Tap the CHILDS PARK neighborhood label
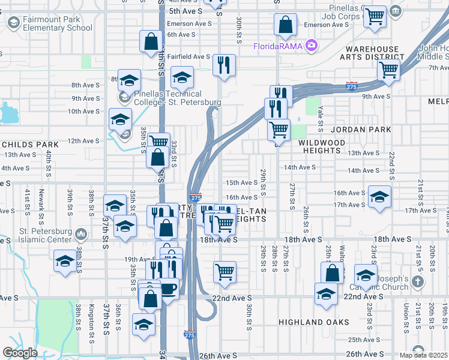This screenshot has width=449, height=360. tap(29, 145)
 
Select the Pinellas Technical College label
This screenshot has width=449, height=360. tap(167, 98)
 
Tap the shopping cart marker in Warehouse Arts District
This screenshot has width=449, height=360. tap(388, 70)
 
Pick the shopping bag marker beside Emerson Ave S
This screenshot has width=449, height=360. tap(286, 25)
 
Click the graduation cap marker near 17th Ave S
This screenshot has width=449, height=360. tap(379, 197)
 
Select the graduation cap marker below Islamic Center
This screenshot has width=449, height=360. tap(65, 260)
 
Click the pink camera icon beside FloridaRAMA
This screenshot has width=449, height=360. tap(311, 45)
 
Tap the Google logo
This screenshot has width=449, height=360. tap(20, 353)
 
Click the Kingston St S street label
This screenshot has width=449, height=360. tap(92, 317)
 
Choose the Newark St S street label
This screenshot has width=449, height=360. tap(41, 200)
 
